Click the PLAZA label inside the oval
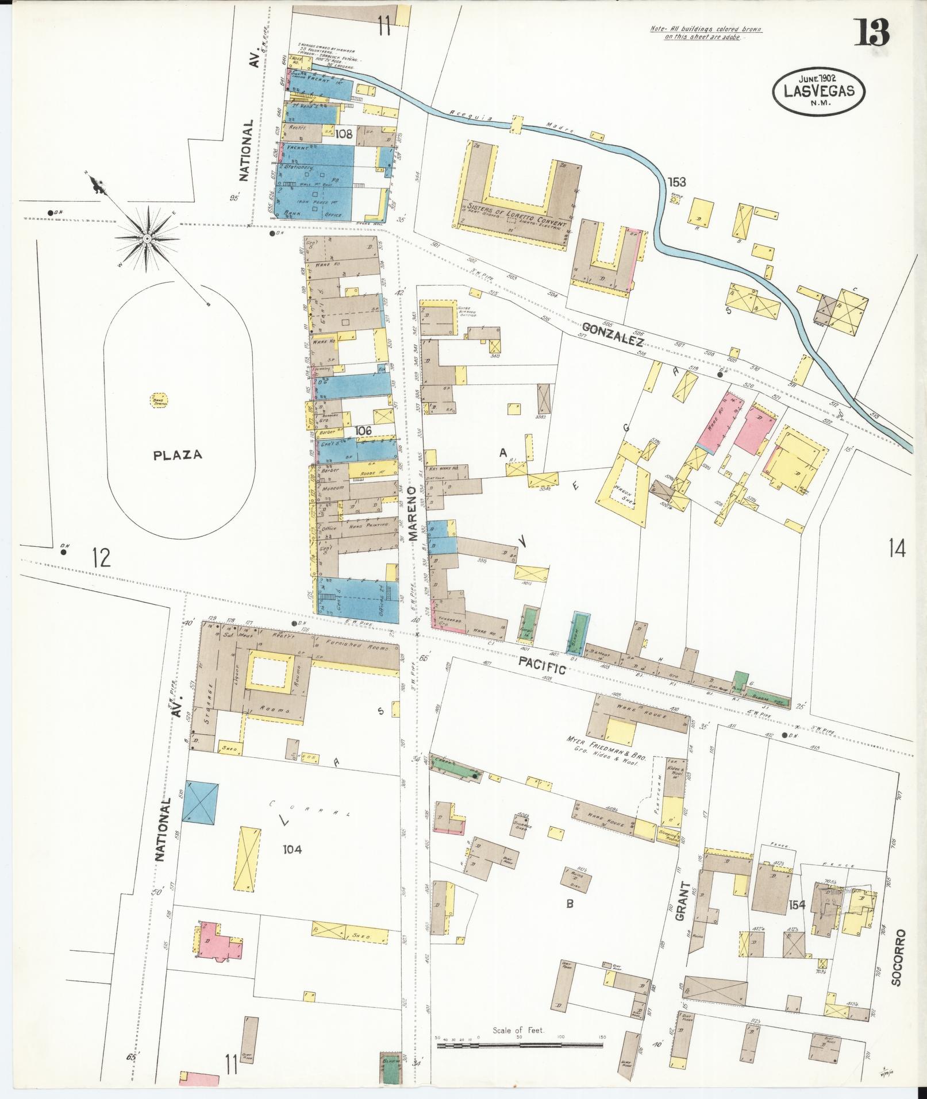coord(178,455)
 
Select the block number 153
coord(676,182)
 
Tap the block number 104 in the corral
coord(292,849)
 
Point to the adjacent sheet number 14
coord(896,549)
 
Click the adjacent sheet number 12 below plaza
coord(101,557)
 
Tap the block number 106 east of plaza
coord(363,430)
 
